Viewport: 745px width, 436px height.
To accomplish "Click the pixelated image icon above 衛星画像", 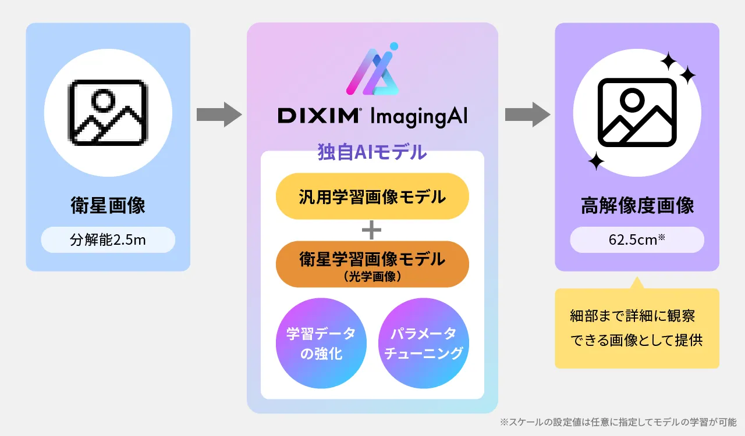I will pos(108,113).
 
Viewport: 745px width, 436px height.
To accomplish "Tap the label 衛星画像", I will pos(108,206).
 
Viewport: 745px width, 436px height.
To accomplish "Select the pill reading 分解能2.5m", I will pos(108,240).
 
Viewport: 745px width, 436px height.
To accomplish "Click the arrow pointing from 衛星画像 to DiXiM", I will pos(218,114).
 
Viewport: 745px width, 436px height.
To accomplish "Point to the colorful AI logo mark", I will pos(372,70).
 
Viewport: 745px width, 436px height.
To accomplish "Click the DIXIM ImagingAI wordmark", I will pos(372,115).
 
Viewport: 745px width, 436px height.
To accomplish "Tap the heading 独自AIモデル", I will pos(372,152).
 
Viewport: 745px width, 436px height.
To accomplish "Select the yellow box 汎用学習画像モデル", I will pos(372,196).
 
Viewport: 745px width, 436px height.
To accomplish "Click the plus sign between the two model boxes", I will pos(371,230).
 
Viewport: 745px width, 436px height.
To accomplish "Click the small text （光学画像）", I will pos(372,277).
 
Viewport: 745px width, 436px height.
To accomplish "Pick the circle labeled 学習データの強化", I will pos(321,344).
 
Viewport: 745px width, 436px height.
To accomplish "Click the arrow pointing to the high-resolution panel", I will pos(527,114).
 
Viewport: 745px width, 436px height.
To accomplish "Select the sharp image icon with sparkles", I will pos(637,113).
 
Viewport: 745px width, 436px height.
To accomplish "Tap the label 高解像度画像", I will pos(637,206).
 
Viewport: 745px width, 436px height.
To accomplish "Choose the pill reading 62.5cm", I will pos(637,240).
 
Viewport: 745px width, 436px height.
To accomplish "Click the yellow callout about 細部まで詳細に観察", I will pos(637,328).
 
